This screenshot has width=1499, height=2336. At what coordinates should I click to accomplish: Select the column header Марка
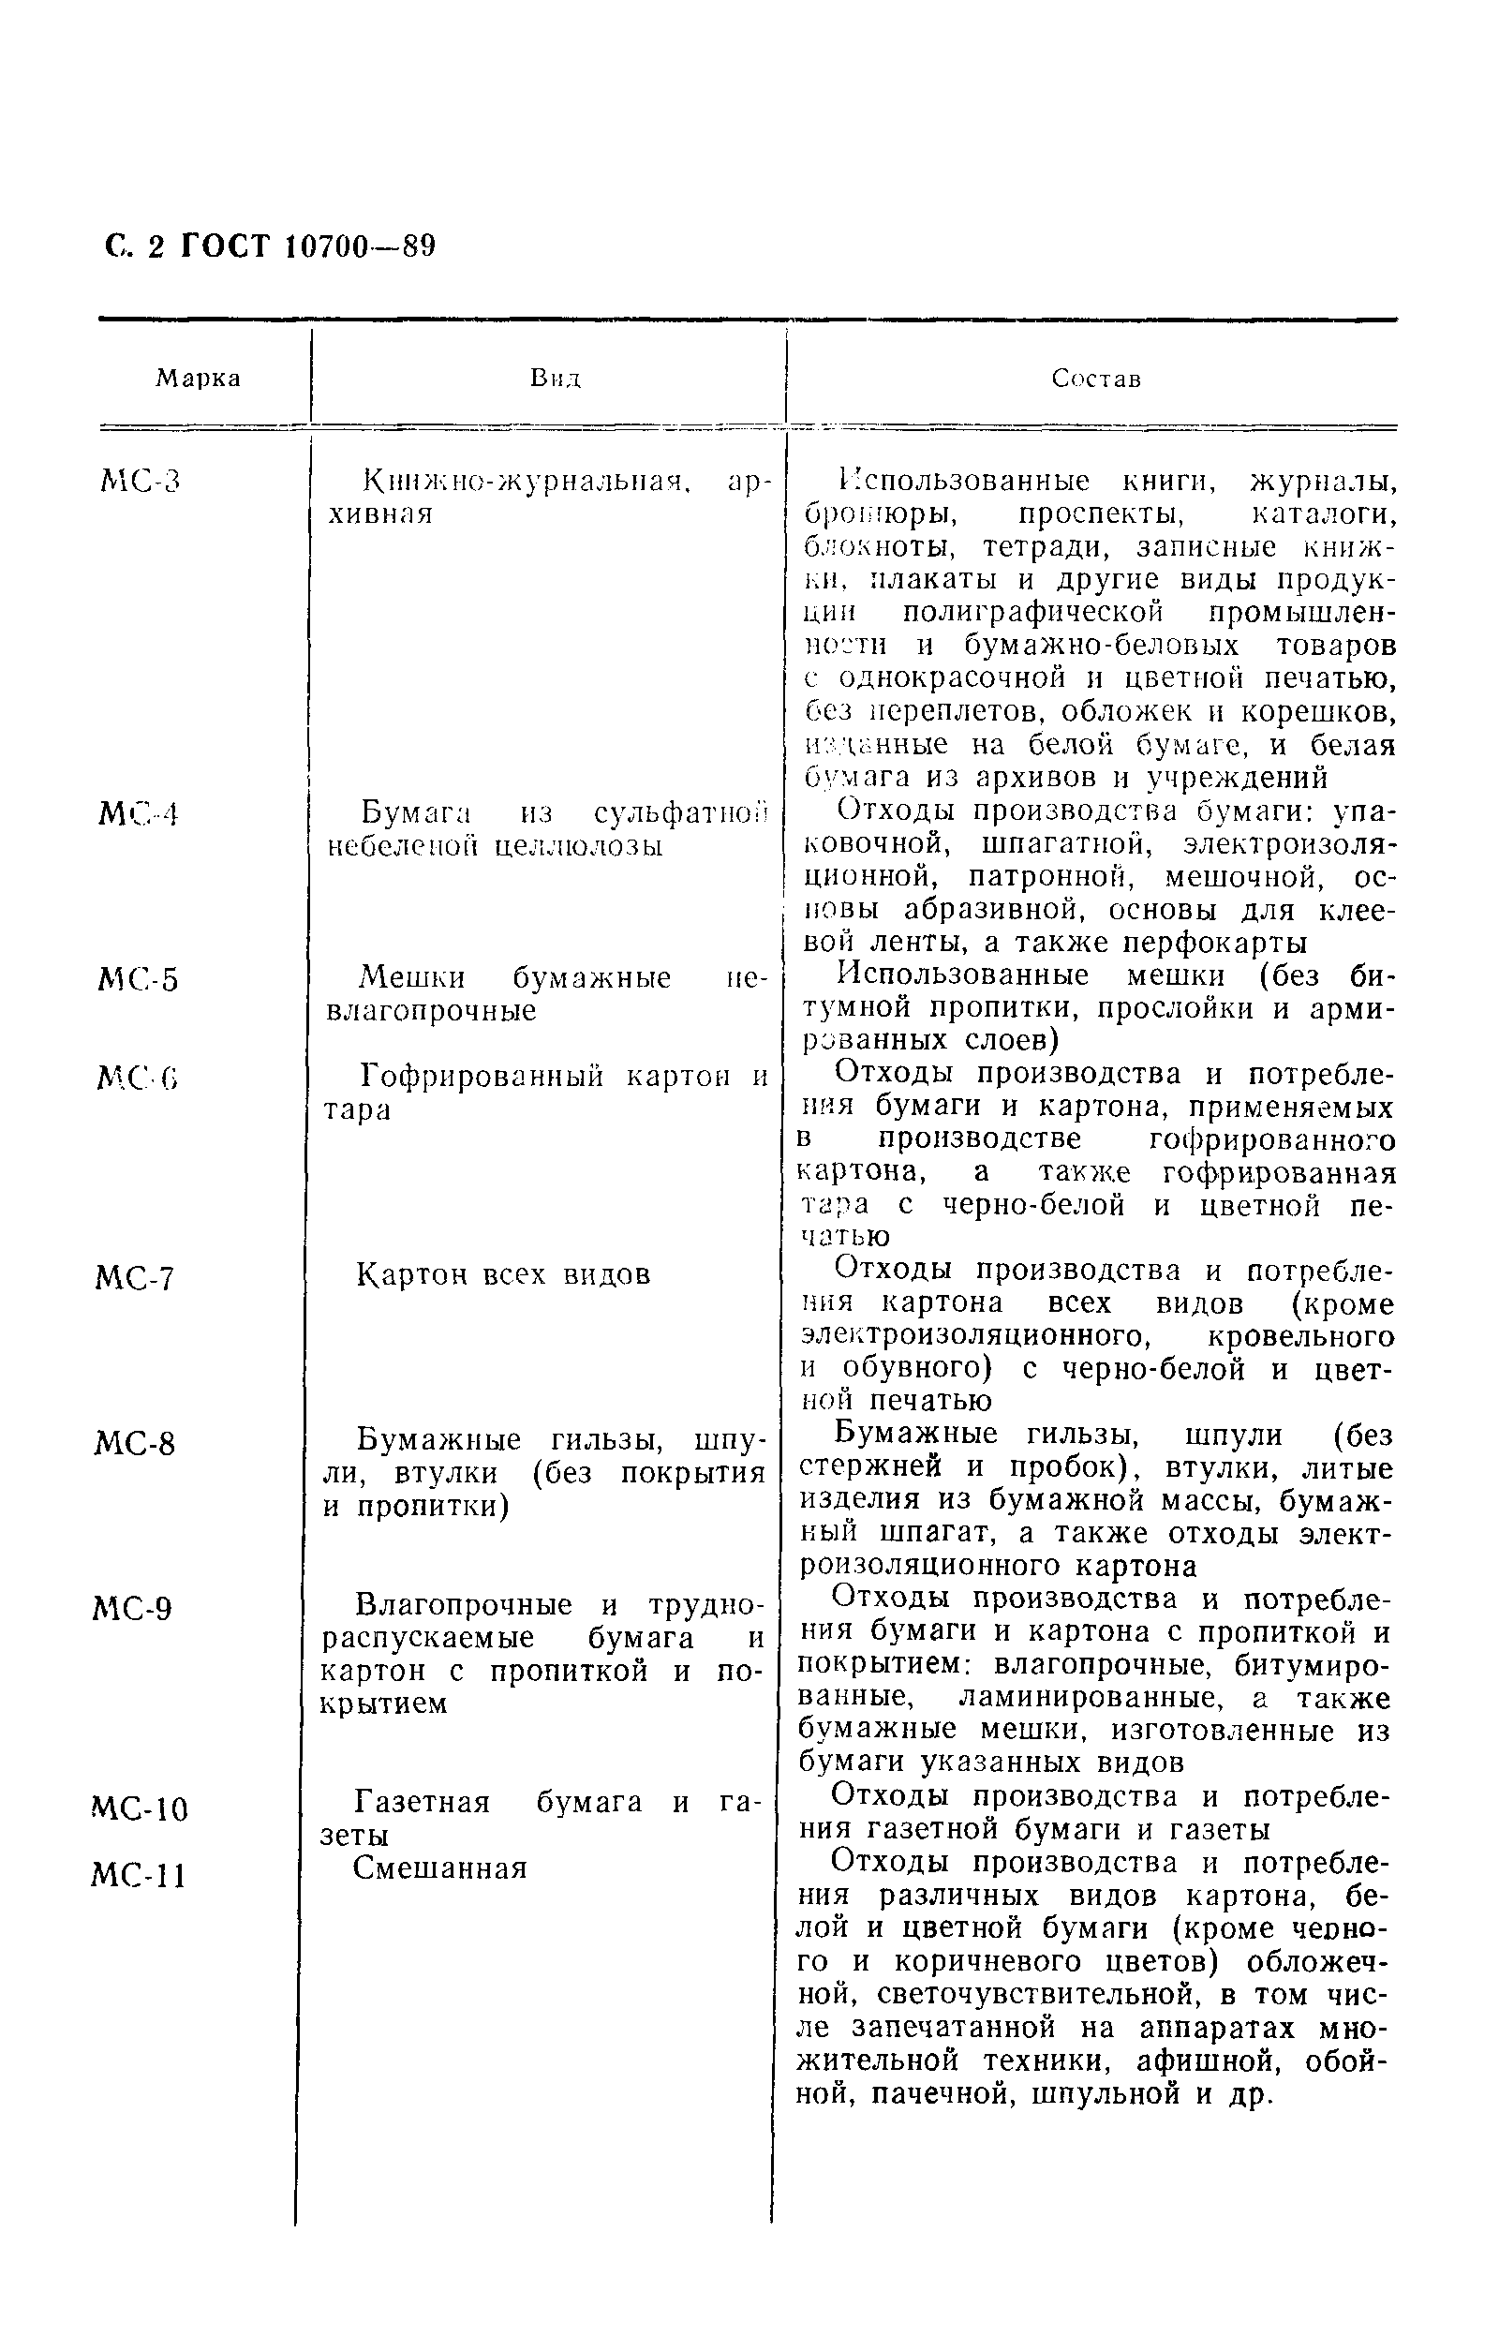click(198, 379)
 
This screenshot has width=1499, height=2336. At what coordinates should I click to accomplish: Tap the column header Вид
click(555, 379)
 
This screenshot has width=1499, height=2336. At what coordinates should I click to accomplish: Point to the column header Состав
click(1096, 379)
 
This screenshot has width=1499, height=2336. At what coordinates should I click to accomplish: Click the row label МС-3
click(141, 482)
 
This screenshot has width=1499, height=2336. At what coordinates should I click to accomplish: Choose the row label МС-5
click(140, 980)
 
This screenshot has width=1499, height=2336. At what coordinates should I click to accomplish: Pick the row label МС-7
click(135, 1278)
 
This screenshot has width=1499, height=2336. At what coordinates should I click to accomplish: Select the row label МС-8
click(135, 1443)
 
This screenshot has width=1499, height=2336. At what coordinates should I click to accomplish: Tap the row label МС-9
click(133, 1609)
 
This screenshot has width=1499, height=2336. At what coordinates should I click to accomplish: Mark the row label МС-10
click(141, 1809)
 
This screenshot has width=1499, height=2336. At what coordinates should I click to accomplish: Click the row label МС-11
click(139, 1876)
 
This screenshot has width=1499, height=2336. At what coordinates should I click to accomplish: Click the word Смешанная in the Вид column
click(439, 1867)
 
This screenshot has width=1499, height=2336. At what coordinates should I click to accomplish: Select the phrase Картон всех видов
click(503, 1274)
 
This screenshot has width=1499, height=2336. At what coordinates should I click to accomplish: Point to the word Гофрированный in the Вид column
click(482, 1076)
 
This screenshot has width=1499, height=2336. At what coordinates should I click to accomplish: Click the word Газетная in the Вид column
click(422, 1802)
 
